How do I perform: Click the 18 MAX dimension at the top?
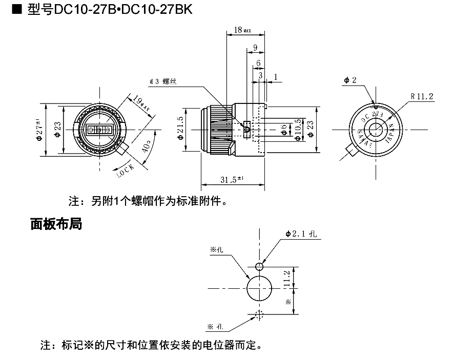pyautogui.click(x=242, y=30)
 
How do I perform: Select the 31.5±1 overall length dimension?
pyautogui.click(x=232, y=179)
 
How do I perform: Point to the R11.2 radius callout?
pyautogui.click(x=422, y=96)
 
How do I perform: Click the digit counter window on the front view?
pyautogui.click(x=98, y=130)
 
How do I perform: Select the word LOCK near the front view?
pyautogui.click(x=125, y=170)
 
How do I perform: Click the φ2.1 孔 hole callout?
pyautogui.click(x=302, y=234)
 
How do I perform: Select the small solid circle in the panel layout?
pyautogui.click(x=259, y=266)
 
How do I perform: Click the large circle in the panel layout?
pyautogui.click(x=259, y=288)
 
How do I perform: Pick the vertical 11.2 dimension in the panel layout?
pyautogui.click(x=287, y=279)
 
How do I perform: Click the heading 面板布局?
pyautogui.click(x=56, y=224)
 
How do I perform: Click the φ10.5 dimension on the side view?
pyautogui.click(x=298, y=131)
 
